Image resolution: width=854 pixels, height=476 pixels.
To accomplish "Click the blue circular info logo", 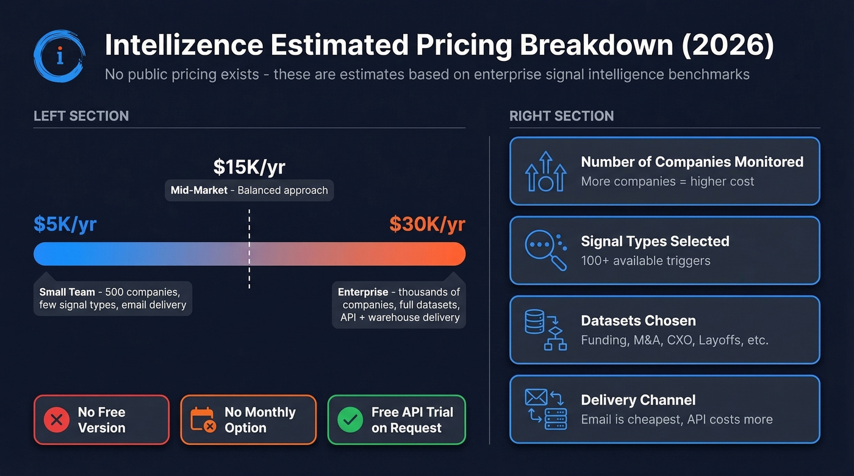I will click(x=59, y=56).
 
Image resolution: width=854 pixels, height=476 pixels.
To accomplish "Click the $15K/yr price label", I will click(x=249, y=167).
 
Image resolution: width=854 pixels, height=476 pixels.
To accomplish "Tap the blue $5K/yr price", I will click(x=65, y=224).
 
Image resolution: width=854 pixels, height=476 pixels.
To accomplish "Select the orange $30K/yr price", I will click(x=427, y=224).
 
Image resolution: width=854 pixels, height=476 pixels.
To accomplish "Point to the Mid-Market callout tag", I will click(x=249, y=190).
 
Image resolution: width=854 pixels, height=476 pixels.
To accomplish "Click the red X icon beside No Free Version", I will click(x=57, y=420).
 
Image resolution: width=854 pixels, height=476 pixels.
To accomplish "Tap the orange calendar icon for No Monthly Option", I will click(x=203, y=420).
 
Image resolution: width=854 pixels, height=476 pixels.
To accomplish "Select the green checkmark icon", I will click(x=350, y=420).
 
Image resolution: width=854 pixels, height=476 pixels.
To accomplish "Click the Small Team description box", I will click(x=113, y=298).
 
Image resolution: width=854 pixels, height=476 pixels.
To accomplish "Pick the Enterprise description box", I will click(x=399, y=304).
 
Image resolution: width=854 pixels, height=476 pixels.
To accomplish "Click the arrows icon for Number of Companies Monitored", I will click(x=545, y=171).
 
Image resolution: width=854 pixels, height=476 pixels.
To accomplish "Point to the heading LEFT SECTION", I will click(x=81, y=116).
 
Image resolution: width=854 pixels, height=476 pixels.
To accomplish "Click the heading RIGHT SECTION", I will click(x=561, y=116).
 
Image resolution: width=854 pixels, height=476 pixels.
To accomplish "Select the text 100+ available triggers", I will click(x=645, y=261).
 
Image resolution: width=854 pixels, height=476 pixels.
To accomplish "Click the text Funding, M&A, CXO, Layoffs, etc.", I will click(x=674, y=340).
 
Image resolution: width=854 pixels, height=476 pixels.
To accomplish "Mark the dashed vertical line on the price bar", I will click(x=249, y=250).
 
